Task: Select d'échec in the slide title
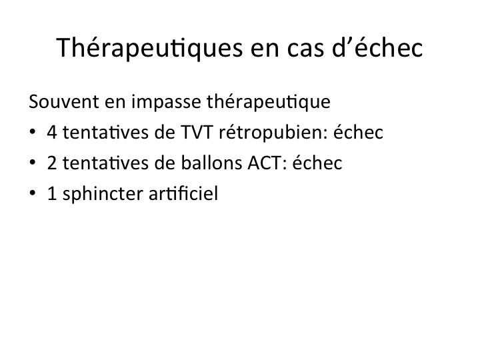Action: point(377,47)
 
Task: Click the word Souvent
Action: point(64,101)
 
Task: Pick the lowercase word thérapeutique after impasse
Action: point(269,102)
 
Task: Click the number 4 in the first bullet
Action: point(52,133)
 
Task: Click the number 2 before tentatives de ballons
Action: point(52,163)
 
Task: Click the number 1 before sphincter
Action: point(52,194)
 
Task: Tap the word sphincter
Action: point(102,194)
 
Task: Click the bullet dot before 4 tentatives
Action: point(32,132)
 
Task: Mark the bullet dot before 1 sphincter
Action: point(32,193)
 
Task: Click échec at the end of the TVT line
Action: point(358,132)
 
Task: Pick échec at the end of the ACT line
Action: point(317,163)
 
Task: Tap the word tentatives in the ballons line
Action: point(105,163)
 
